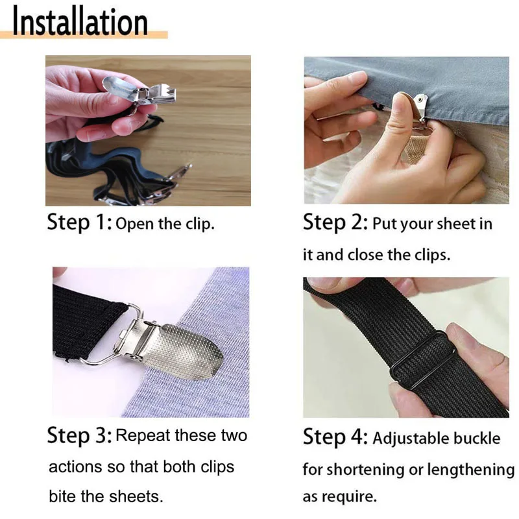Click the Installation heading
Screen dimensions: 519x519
tap(80, 21)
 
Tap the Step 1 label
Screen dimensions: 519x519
tap(79, 222)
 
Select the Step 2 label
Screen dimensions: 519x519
tap(335, 222)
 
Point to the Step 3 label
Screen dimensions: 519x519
tap(79, 435)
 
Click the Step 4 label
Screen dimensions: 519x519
tap(335, 436)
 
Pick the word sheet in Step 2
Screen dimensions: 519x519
tap(457, 224)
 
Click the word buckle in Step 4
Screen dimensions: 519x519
tap(477, 439)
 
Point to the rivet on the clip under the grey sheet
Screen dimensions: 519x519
tap(420, 99)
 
